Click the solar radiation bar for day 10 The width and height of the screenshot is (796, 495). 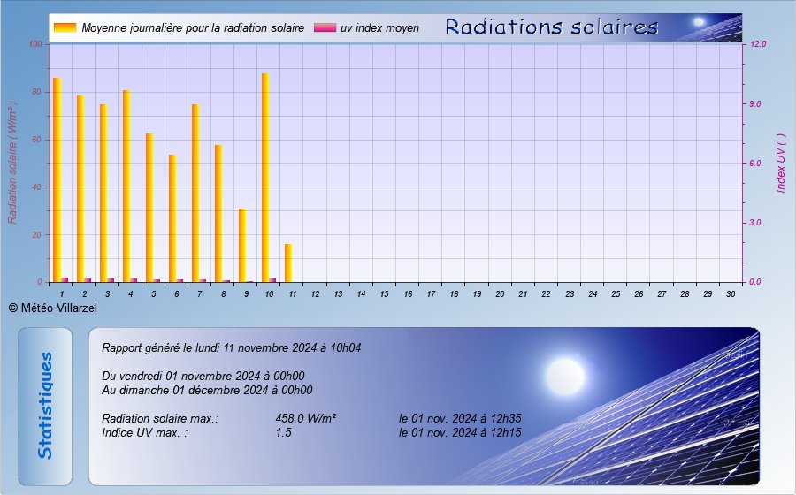click(x=265, y=178)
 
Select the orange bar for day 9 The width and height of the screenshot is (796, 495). click(x=242, y=246)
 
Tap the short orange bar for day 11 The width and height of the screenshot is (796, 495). click(x=288, y=263)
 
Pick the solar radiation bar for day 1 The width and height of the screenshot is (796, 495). click(x=57, y=180)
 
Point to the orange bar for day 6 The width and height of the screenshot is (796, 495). click(x=172, y=218)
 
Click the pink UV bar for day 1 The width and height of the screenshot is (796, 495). click(x=65, y=279)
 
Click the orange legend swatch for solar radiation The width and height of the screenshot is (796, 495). click(x=65, y=27)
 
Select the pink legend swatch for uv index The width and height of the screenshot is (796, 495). click(x=325, y=27)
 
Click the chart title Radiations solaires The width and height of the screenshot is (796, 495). click(x=552, y=27)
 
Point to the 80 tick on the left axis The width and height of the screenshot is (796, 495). click(x=35, y=92)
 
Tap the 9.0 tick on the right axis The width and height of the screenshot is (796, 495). click(x=755, y=104)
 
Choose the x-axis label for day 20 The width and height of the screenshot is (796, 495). click(x=500, y=294)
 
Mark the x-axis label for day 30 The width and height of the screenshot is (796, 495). click(x=731, y=294)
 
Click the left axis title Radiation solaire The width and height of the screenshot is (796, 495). click(x=12, y=163)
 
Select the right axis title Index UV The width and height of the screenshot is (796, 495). click(x=781, y=163)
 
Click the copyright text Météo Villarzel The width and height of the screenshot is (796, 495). click(x=53, y=308)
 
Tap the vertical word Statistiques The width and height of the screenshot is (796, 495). click(x=45, y=406)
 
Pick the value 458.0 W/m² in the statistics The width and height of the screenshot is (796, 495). click(x=306, y=418)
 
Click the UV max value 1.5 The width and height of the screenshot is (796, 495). click(x=283, y=432)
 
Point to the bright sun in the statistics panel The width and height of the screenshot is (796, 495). click(x=565, y=377)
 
